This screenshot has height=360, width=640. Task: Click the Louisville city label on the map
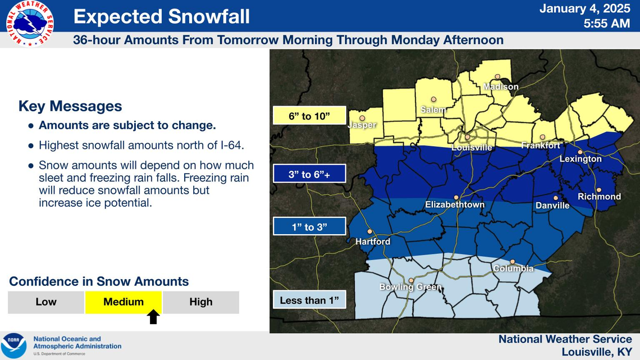tap(472, 148)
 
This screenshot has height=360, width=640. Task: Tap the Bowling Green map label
tap(410, 288)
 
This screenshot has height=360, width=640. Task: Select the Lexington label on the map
tap(580, 159)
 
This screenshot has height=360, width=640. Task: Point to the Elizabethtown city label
tap(454, 205)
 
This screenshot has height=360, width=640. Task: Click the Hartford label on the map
tap(372, 241)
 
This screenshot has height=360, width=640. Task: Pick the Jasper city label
tap(362, 125)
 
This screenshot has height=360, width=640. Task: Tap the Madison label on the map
tap(501, 87)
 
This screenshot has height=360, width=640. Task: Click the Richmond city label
tap(599, 197)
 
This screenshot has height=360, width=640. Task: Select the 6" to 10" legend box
tap(309, 116)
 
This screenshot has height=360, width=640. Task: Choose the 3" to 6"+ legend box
tap(309, 174)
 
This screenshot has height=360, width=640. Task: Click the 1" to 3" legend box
tap(309, 227)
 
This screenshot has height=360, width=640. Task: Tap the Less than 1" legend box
tap(309, 300)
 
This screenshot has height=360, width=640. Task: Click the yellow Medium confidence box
tap(124, 302)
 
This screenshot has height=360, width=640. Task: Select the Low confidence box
tap(46, 302)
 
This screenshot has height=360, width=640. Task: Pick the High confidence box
tap(200, 302)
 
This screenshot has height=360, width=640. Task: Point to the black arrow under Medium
tap(153, 317)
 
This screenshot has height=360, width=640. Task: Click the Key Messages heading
tap(70, 106)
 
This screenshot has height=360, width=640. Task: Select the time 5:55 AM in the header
tap(606, 24)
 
